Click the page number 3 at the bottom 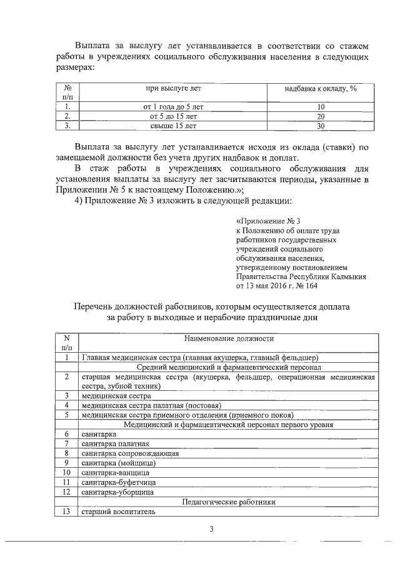pos(211,530)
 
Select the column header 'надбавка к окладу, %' pos(320,89)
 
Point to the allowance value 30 pos(321,126)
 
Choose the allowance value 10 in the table pos(321,107)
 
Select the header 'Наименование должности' pos(229,338)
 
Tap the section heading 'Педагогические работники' pos(229,502)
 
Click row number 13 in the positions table pos(66,512)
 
